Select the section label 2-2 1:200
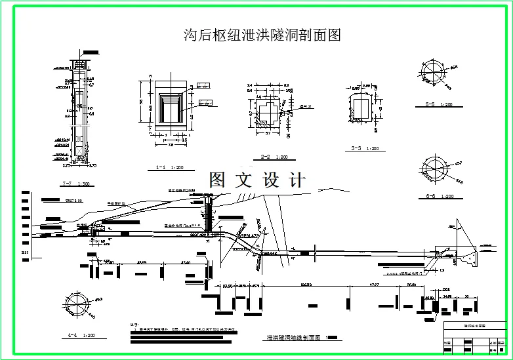click(x=273, y=157)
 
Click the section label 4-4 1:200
click(x=81, y=335)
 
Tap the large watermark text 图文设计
click(x=257, y=180)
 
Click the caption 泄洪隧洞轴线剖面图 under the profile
click(x=292, y=338)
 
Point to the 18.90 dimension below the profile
click(x=228, y=286)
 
